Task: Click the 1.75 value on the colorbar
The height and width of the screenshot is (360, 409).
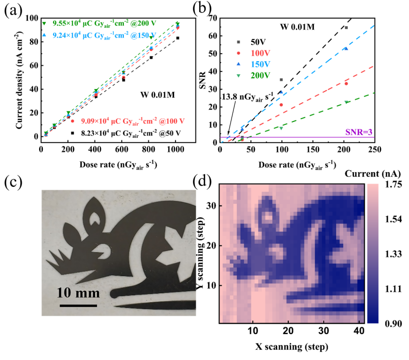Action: coord(392,185)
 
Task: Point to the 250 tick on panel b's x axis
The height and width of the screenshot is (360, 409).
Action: coord(374,150)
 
